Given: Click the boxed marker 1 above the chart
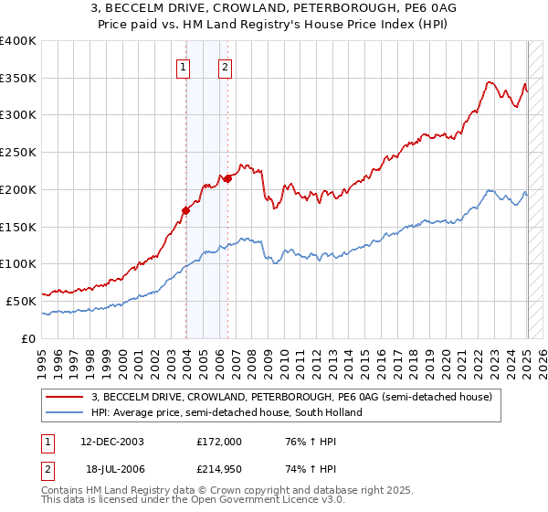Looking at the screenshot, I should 184,66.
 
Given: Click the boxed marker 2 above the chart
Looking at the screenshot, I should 225,66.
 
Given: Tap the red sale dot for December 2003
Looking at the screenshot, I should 185,210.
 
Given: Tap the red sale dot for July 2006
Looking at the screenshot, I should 227,178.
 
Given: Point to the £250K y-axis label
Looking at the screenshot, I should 18,152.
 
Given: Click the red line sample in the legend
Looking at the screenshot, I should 65,397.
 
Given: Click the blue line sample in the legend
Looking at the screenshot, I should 65,412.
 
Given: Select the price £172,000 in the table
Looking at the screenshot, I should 219,442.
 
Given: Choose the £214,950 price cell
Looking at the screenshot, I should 219,469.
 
